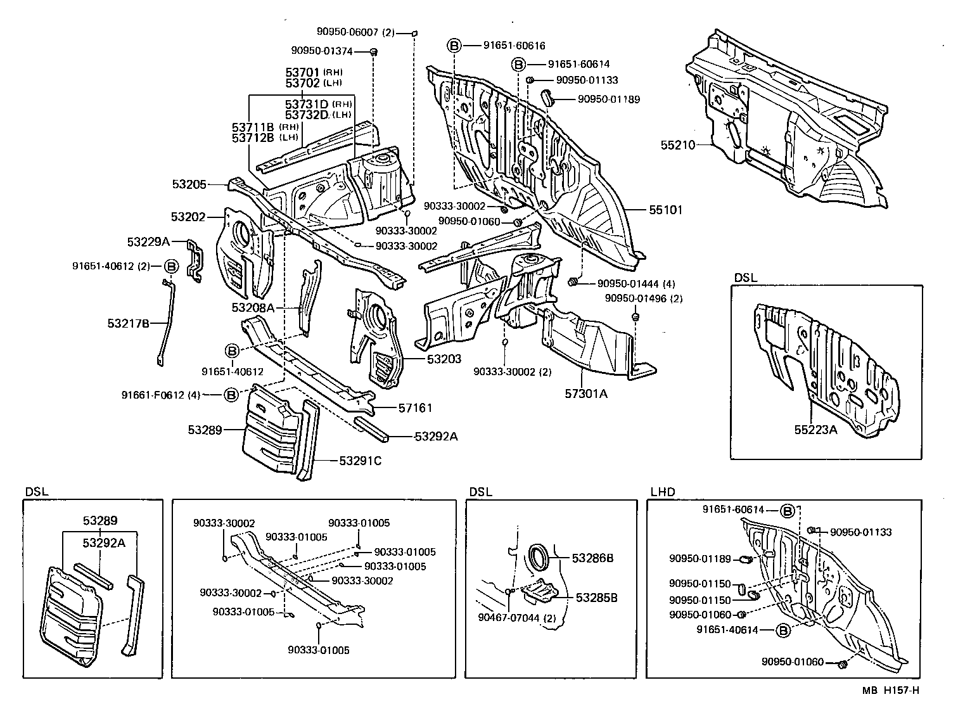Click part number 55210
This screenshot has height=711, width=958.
(677, 145)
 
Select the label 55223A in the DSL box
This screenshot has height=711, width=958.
(816, 430)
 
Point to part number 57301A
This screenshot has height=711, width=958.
(586, 394)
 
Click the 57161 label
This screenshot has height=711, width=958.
(415, 407)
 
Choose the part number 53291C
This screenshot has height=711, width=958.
(360, 461)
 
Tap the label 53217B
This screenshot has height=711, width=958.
(128, 323)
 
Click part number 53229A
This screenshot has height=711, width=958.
(148, 241)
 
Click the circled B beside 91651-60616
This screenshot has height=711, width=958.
(454, 45)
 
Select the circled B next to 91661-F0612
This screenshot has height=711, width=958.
(231, 395)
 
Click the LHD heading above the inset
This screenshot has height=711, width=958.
(662, 492)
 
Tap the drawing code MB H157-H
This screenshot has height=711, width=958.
(890, 690)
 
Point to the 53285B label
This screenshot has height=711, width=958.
(596, 598)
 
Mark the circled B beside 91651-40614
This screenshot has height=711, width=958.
(783, 630)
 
